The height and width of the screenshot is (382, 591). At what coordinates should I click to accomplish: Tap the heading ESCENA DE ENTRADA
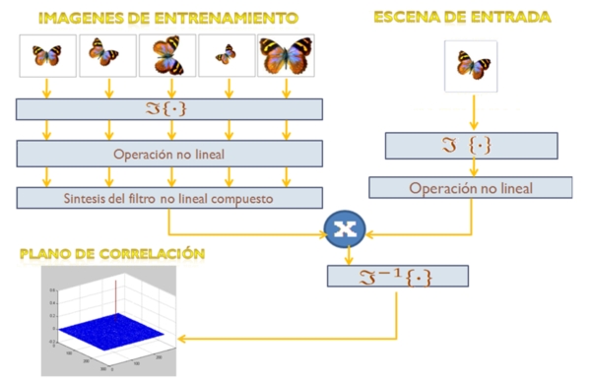(463, 17)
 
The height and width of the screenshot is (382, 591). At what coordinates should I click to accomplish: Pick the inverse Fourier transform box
(394, 277)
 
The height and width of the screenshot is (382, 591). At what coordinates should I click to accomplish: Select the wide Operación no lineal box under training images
(170, 153)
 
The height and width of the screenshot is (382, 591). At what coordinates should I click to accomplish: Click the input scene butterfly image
(471, 66)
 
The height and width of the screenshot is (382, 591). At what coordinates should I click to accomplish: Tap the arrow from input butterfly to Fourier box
(471, 111)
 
